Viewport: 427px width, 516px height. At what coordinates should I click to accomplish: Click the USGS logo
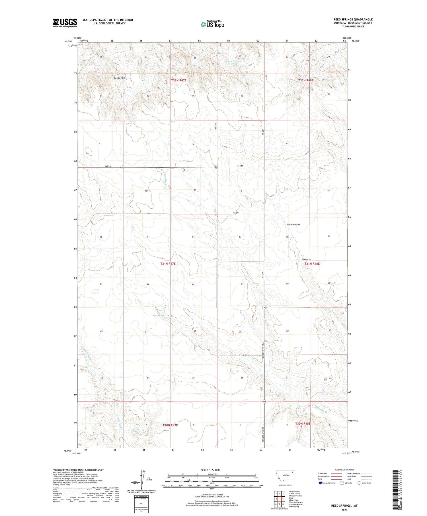pyautogui.click(x=65, y=22)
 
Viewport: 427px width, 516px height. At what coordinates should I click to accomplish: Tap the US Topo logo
pyautogui.click(x=212, y=24)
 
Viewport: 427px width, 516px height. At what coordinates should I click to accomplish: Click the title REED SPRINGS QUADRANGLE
pyautogui.click(x=353, y=19)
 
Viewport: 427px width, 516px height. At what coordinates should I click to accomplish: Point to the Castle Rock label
pyautogui.click(x=120, y=78)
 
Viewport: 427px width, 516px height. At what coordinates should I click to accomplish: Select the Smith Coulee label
pyautogui.click(x=293, y=225)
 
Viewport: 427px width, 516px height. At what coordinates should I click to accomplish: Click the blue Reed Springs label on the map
pyautogui.click(x=159, y=315)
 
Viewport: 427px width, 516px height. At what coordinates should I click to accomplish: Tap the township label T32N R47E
pyautogui.click(x=179, y=81)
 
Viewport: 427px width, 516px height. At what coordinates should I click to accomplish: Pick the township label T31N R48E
pyautogui.click(x=312, y=264)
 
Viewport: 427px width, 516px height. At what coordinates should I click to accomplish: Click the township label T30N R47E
pyautogui.click(x=170, y=425)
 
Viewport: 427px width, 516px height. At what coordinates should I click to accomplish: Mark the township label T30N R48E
pyautogui.click(x=303, y=424)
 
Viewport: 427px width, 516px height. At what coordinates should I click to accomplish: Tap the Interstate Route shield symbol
pyautogui.click(x=320, y=483)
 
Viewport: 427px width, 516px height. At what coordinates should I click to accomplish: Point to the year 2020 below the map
pyautogui.click(x=344, y=510)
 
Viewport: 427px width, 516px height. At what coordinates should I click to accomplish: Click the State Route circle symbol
pyautogui.click(x=359, y=483)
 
